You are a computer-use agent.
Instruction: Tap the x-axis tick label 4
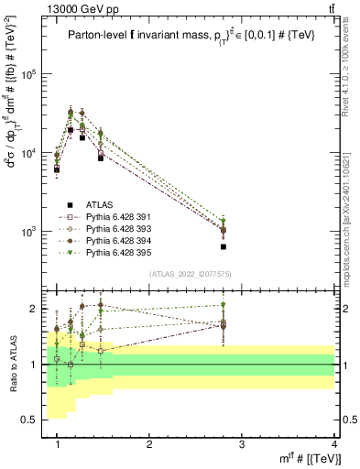pyautogui.click(x=334, y=444)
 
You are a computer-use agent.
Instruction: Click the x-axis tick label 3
pyautogui.click(x=242, y=444)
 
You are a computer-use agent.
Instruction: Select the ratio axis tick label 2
pyautogui.click(x=35, y=309)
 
